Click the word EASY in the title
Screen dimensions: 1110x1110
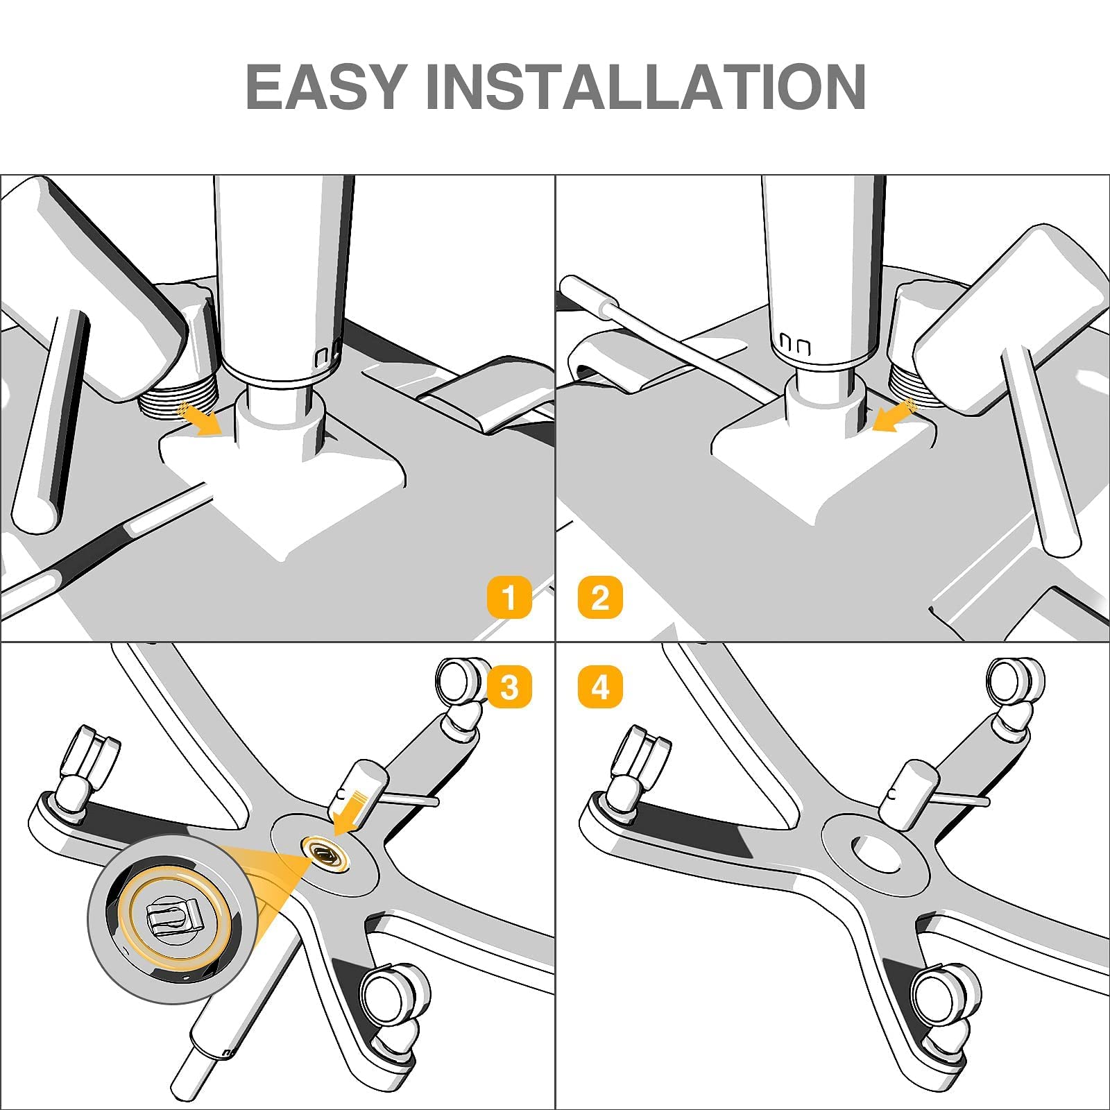coord(326,87)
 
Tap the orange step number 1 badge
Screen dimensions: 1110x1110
coord(509,597)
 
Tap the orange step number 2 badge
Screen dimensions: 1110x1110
coord(600,597)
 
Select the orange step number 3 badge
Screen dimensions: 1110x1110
coord(509,688)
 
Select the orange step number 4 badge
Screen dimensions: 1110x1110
coord(600,688)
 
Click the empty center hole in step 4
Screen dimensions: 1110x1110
coord(876,854)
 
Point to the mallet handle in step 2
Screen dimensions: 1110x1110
coord(1041,451)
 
